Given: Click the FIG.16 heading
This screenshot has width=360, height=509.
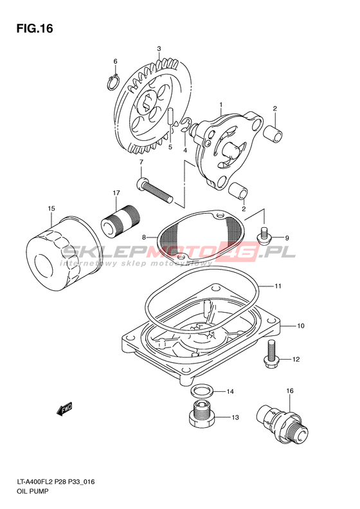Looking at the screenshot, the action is tap(34, 28).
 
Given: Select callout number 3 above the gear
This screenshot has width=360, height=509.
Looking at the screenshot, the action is tap(159, 49).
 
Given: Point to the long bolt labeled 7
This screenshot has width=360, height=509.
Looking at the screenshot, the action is tap(154, 190).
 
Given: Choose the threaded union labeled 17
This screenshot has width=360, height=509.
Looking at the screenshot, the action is tap(120, 222).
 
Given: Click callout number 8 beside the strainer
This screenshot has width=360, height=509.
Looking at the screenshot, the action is tap(143, 237).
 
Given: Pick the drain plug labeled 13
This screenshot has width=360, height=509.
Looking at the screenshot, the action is tap(201, 416).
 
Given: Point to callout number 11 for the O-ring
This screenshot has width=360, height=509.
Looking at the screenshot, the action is tap(278, 286).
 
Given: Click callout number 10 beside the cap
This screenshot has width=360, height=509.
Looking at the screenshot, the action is tap(301, 325).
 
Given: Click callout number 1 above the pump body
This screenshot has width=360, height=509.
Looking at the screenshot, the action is tap(221, 105).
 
